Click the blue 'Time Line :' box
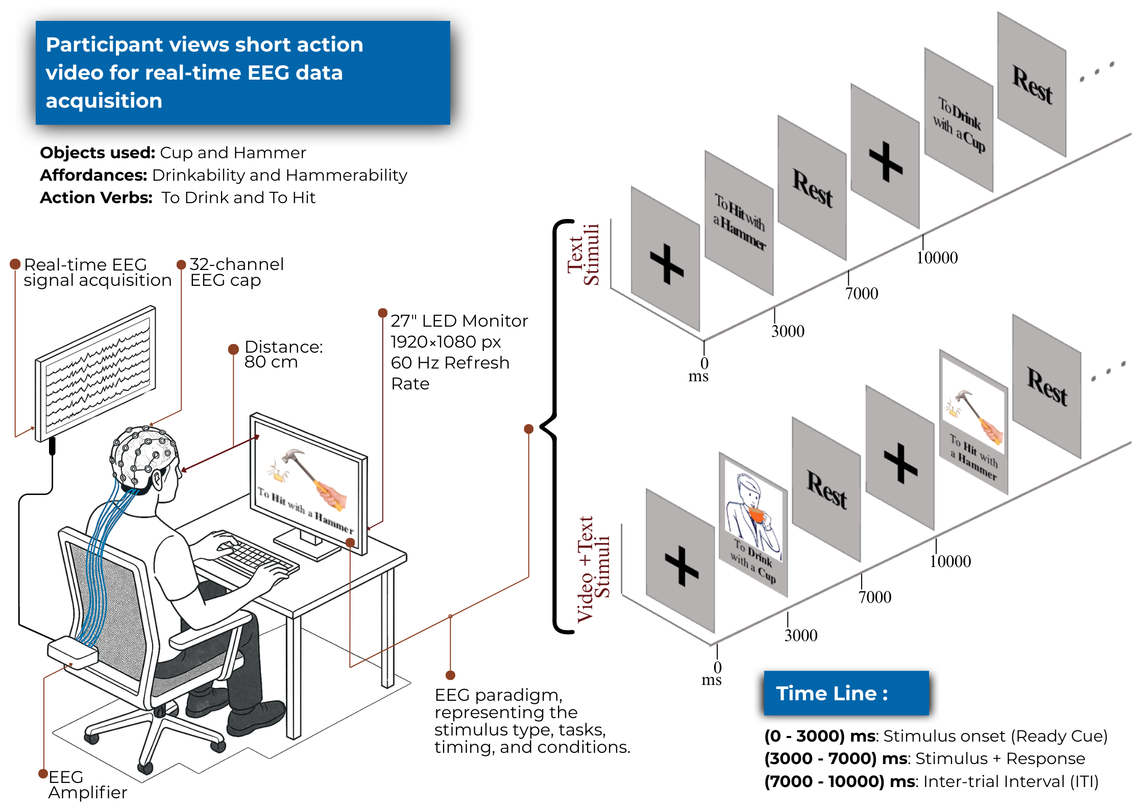[846, 693]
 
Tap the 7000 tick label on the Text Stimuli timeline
[862, 293]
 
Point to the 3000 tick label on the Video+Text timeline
[801, 635]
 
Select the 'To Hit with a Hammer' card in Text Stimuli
[739, 223]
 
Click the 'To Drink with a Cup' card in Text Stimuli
[959, 121]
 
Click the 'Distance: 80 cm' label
[283, 354]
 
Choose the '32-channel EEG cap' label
[236, 272]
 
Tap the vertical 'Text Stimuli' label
[583, 254]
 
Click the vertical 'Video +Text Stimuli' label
[593, 569]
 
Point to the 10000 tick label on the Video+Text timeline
[950, 561]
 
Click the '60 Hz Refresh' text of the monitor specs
[450, 362]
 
